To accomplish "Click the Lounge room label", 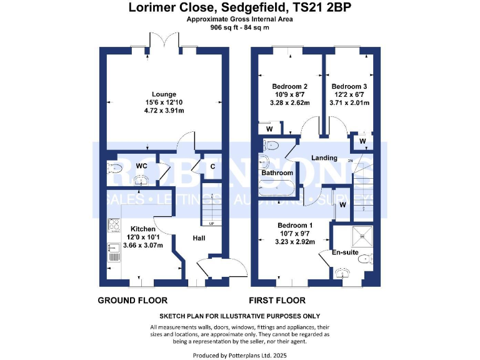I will pos(164,94).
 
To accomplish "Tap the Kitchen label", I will pos(142,229).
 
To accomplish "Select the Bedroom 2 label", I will pos(290,86).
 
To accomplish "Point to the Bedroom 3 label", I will pos(349,86).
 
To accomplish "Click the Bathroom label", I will pos(277,172).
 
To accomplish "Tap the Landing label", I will pos(324,158).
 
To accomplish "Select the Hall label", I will pos(199,237).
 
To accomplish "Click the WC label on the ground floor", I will pos(141,166).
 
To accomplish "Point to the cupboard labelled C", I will pos(212,166).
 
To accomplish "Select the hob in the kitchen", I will pos(114,226).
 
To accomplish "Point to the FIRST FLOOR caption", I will pos(277,301).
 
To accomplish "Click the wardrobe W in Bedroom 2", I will pos(269,129).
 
